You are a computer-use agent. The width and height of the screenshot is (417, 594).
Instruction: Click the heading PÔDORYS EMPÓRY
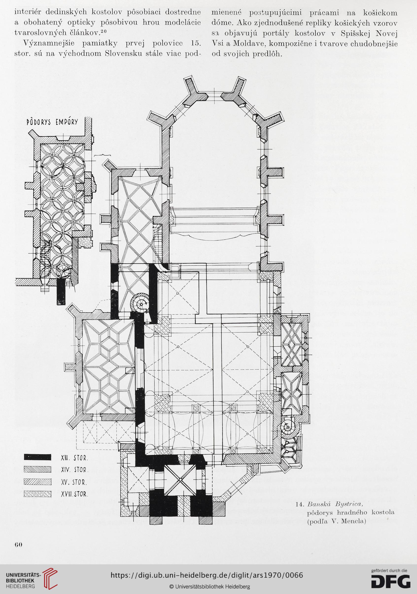(x=52, y=122)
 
